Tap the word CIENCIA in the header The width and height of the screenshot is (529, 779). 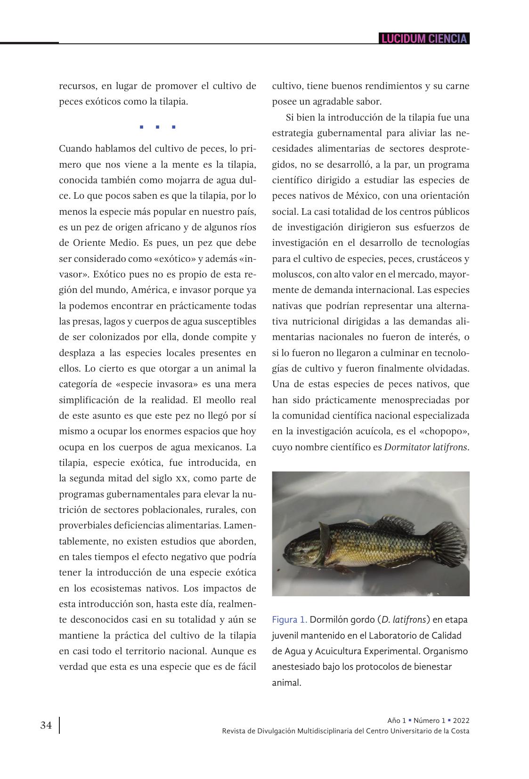(x=448, y=39)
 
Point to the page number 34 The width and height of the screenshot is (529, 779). (x=46, y=725)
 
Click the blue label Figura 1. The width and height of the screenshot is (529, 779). (x=289, y=620)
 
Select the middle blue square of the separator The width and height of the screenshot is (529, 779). (x=157, y=127)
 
